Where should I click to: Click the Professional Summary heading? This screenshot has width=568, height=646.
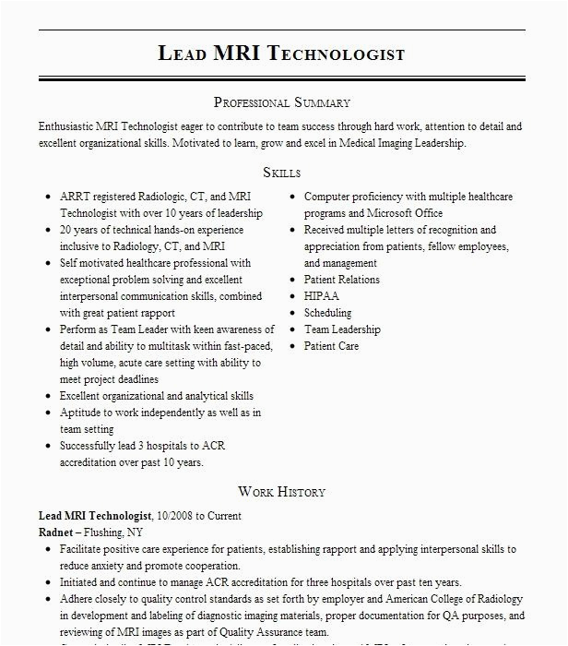click(x=281, y=102)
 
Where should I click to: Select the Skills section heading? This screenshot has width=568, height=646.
click(x=281, y=173)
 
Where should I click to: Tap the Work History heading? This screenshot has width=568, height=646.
click(x=281, y=492)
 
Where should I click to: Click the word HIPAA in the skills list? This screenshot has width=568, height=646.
click(x=322, y=296)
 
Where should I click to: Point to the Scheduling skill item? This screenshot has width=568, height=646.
click(x=328, y=313)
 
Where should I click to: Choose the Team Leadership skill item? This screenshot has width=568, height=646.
click(x=342, y=329)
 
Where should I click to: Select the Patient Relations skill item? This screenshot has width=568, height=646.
click(x=341, y=280)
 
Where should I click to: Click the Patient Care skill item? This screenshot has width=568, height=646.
click(x=331, y=346)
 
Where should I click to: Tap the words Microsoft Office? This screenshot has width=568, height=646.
click(x=390, y=213)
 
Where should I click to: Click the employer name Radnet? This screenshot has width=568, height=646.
click(x=56, y=532)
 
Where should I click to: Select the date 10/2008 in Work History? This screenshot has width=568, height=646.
click(x=179, y=516)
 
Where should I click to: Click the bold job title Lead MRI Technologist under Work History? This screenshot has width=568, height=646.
click(x=95, y=516)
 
